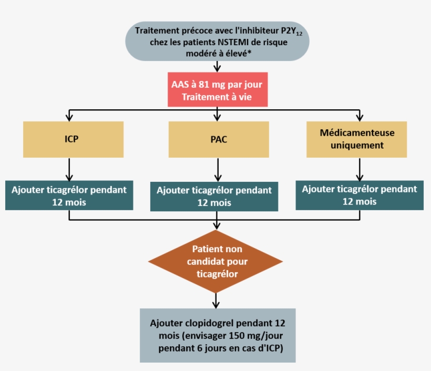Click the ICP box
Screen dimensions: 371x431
[x=73, y=140]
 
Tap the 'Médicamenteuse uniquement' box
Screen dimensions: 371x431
[x=357, y=139]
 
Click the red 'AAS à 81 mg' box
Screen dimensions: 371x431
[x=217, y=91]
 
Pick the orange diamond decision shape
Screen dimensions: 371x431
[x=216, y=261]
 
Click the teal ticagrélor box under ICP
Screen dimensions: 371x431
[x=70, y=195]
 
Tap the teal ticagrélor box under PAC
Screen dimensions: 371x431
[x=214, y=197]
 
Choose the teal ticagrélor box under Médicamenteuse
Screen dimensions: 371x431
[x=360, y=195]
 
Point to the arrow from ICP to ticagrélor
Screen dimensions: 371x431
[x=69, y=169]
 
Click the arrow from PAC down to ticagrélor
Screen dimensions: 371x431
[x=217, y=170]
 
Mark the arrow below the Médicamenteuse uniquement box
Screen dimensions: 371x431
[x=359, y=169]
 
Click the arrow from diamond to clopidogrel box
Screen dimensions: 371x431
[x=216, y=300]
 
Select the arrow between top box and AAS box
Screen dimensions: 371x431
[x=217, y=66]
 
